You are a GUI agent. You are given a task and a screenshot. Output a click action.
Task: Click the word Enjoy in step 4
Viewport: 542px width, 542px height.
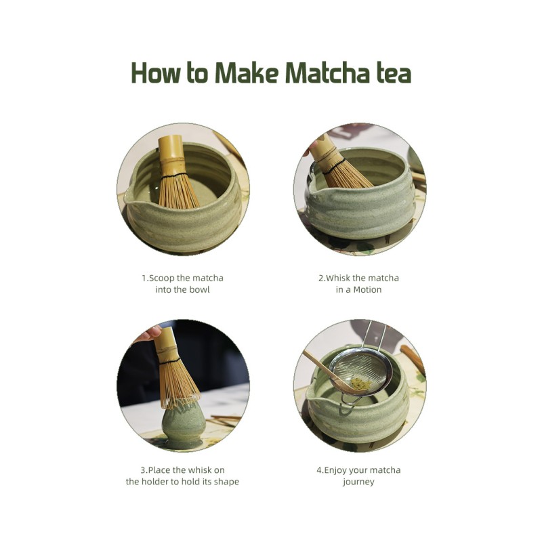(339, 470)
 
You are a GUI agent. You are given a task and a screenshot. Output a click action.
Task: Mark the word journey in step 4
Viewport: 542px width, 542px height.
(358, 482)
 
